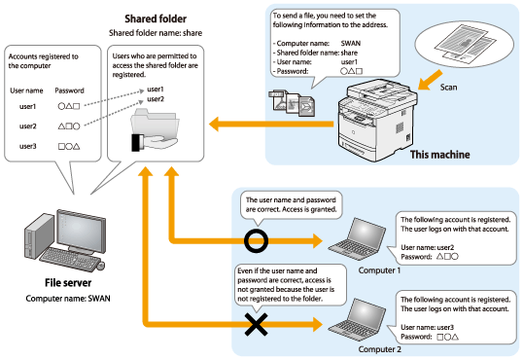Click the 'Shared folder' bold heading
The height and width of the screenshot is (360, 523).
click(x=156, y=19)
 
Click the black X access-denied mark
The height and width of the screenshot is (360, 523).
click(x=257, y=324)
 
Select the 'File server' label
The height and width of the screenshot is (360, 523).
click(x=68, y=283)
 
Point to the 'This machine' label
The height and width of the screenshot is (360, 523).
click(x=440, y=155)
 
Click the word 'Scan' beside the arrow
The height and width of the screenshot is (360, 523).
click(x=448, y=88)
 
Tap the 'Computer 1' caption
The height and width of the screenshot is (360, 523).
click(x=379, y=270)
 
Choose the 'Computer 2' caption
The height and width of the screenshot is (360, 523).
click(x=379, y=349)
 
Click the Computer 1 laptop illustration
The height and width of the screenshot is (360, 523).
click(x=357, y=238)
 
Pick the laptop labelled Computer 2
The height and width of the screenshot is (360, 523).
click(x=357, y=319)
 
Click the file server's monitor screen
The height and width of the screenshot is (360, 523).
click(x=81, y=231)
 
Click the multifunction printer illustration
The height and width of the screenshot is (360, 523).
click(x=377, y=121)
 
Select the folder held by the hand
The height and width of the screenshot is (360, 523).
click(x=155, y=126)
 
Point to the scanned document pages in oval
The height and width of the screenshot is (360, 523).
click(x=464, y=44)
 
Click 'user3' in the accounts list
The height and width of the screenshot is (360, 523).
click(x=27, y=146)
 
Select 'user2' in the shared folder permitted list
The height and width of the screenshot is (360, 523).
click(x=156, y=99)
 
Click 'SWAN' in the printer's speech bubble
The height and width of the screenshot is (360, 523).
click(x=351, y=44)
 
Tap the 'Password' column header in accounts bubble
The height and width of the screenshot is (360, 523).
click(x=69, y=90)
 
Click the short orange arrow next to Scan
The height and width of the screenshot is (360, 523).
click(x=431, y=80)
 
